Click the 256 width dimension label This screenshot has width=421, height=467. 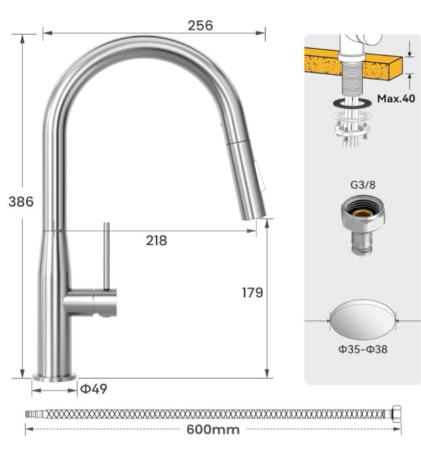pyautogui.click(x=200, y=26)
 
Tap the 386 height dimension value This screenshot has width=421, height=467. pyautogui.click(x=21, y=202)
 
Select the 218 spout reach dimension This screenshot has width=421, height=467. pyautogui.click(x=157, y=240)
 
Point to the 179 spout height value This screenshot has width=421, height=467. pyautogui.click(x=253, y=293)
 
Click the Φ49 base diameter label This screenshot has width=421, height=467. pyautogui.click(x=94, y=388)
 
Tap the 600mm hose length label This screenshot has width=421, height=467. pyautogui.click(x=213, y=430)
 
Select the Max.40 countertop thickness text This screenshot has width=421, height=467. pyautogui.click(x=396, y=99)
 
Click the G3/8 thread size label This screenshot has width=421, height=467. pyautogui.click(x=362, y=185)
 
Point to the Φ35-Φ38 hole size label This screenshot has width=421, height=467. pyautogui.click(x=362, y=349)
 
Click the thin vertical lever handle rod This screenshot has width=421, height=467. pyautogui.click(x=107, y=256)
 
